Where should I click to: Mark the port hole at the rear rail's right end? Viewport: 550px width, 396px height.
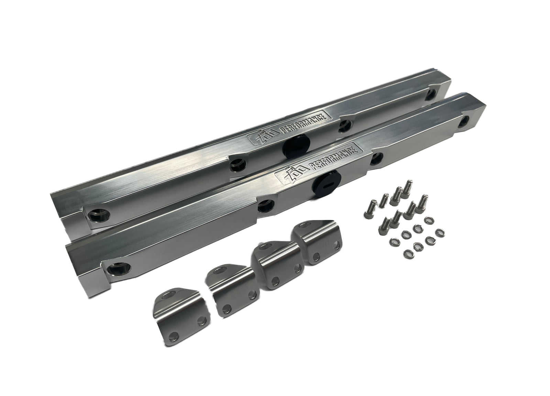click(429, 95)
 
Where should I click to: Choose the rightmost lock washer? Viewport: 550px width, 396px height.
click(439, 230)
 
